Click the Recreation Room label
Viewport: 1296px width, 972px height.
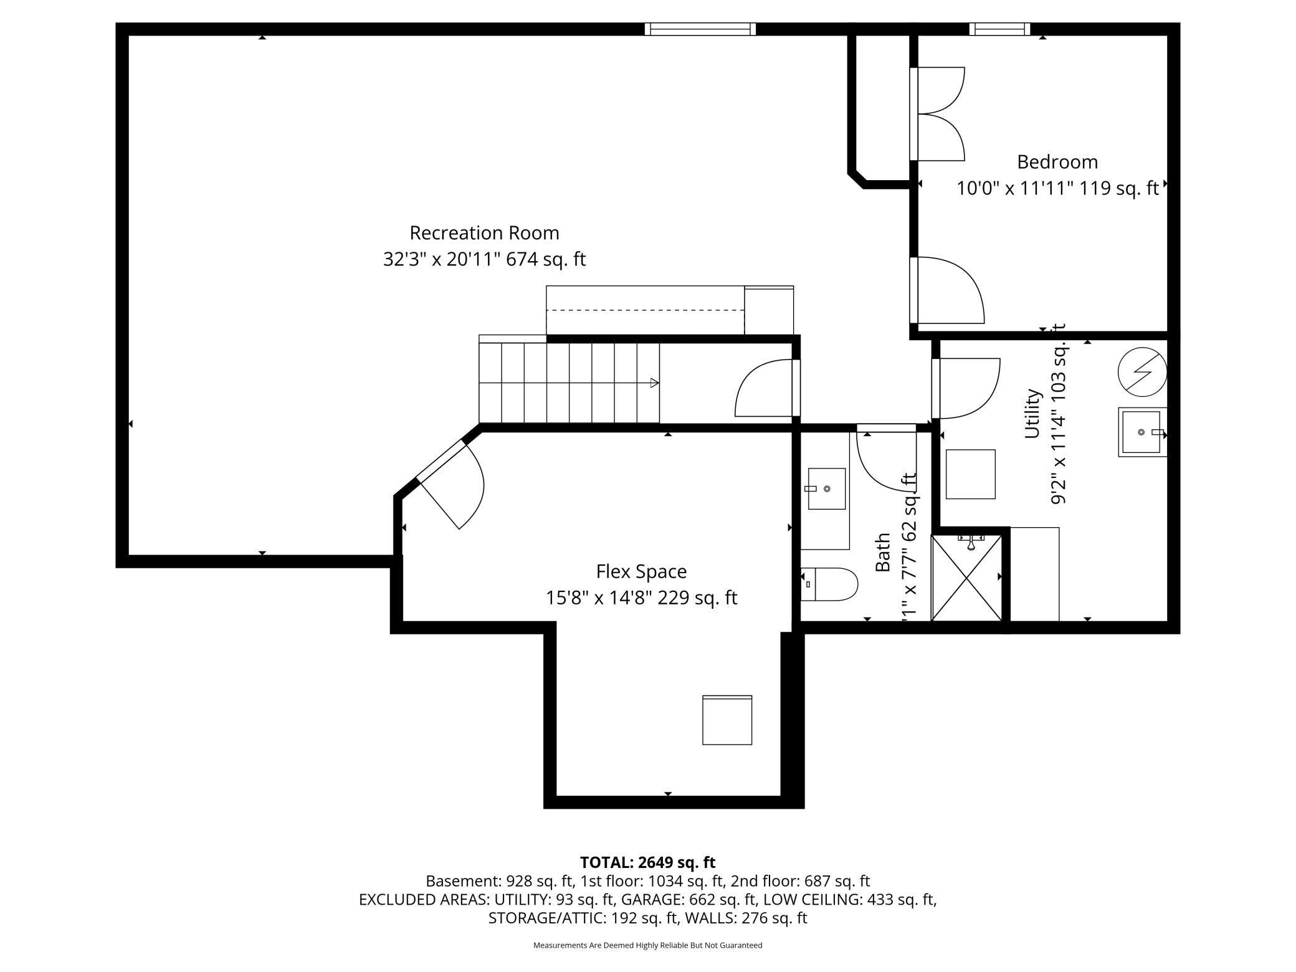pos(484,233)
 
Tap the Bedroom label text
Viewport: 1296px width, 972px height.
pos(1057,162)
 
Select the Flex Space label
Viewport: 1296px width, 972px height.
pos(641,571)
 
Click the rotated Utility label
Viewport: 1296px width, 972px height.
pos(1032,414)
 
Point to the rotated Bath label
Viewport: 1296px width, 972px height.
pos(882,552)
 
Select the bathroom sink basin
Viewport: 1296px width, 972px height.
pos(826,489)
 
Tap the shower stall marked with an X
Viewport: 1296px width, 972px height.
pos(966,578)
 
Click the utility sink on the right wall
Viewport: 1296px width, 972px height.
pos(1141,432)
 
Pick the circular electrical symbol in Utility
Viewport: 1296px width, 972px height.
pos(1142,372)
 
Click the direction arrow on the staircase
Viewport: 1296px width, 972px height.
pos(654,383)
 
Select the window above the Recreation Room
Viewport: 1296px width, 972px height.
pos(700,29)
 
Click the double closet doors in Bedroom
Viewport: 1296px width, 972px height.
pos(940,114)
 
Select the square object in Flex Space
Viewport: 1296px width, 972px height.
pos(727,720)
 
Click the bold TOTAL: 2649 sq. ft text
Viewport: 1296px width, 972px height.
pos(647,862)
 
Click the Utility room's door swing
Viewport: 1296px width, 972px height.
pos(966,389)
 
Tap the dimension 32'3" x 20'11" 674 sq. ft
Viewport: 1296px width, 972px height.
pos(484,259)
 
